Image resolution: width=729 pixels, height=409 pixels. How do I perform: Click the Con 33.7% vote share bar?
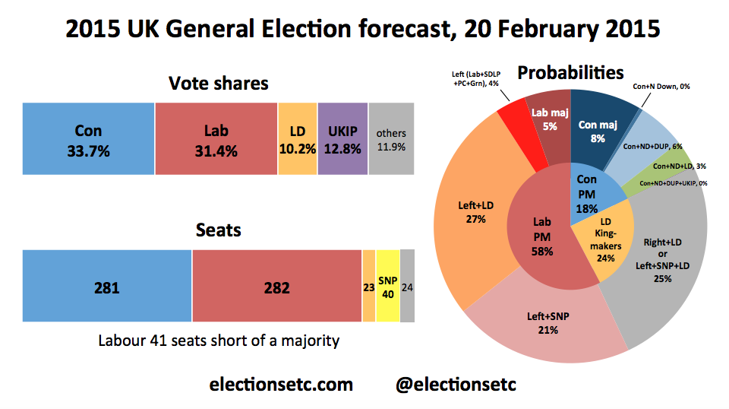tap(89, 140)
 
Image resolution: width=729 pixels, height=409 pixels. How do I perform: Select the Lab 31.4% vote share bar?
tap(216, 140)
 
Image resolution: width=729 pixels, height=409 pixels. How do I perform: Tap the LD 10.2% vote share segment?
tap(298, 140)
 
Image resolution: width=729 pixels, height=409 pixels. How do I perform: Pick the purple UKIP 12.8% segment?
tap(342, 140)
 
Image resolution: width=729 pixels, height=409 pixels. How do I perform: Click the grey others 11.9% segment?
tap(391, 140)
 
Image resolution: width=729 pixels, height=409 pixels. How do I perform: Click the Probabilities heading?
tap(570, 73)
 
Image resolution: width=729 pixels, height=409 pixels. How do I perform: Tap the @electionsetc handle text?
tap(456, 385)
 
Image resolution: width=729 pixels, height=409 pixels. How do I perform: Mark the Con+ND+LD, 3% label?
tap(678, 165)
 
